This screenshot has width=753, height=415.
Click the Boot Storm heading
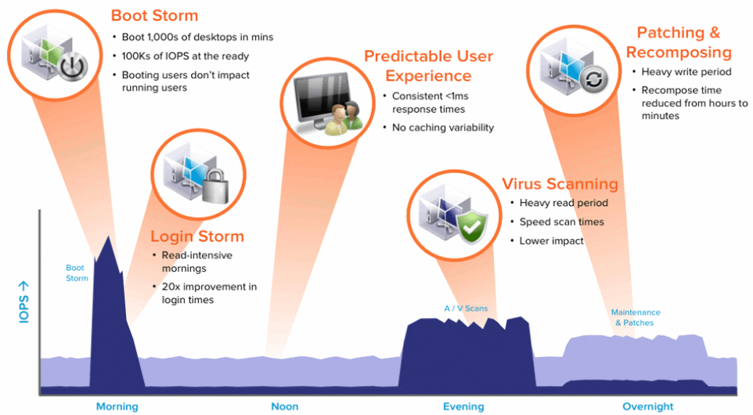[x=154, y=16]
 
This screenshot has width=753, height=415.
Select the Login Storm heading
[x=196, y=236]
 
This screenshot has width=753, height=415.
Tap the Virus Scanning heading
[x=560, y=185]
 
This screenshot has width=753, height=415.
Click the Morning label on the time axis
[x=117, y=406]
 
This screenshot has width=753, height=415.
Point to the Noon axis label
[x=285, y=406]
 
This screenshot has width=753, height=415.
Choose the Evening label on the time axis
[x=463, y=406]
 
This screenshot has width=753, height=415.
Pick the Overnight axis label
[x=647, y=406]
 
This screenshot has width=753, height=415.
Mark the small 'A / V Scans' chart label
[x=466, y=309]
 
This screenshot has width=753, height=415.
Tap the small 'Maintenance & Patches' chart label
[x=635, y=317]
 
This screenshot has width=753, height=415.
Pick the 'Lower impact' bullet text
[x=552, y=241]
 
